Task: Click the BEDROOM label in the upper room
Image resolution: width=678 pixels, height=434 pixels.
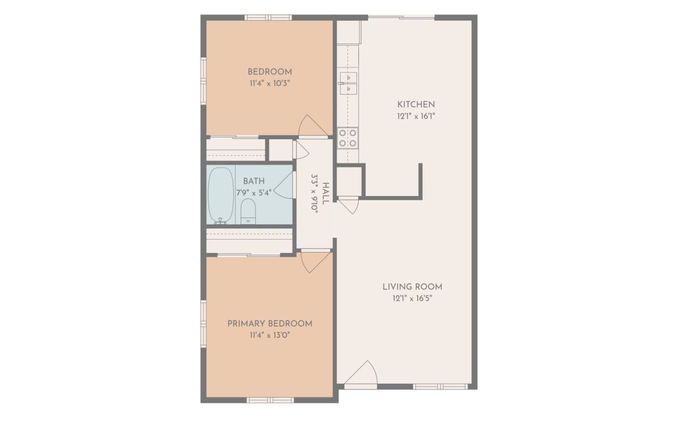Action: (x=270, y=72)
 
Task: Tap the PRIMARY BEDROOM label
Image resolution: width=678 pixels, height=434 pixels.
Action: (x=270, y=324)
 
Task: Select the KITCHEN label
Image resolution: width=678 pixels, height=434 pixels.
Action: (x=416, y=105)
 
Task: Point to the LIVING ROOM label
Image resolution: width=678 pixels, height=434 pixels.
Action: (x=412, y=287)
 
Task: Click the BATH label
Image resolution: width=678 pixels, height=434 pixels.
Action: (x=254, y=181)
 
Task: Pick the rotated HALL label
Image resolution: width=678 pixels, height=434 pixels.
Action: (x=325, y=194)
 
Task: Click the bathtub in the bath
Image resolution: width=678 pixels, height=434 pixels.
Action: (x=221, y=195)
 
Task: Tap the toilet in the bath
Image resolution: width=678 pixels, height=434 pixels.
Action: (x=248, y=211)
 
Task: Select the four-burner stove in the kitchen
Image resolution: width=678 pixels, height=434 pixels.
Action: (x=348, y=138)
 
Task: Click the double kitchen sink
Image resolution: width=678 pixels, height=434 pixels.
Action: (x=349, y=84)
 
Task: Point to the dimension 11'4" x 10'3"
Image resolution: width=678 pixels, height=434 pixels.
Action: (x=270, y=84)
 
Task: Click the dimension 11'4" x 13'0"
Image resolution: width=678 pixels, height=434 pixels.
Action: (x=270, y=335)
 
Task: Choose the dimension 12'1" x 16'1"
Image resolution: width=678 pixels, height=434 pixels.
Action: (x=416, y=116)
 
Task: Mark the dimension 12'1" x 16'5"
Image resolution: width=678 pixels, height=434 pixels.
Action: (x=412, y=298)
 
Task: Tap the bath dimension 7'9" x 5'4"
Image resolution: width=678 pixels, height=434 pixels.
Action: (x=254, y=193)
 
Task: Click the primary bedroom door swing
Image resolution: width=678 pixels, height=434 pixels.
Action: (x=316, y=262)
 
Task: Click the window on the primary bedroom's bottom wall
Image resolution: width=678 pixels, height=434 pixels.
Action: (x=270, y=400)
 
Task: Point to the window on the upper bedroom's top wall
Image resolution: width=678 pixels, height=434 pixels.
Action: (x=268, y=18)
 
